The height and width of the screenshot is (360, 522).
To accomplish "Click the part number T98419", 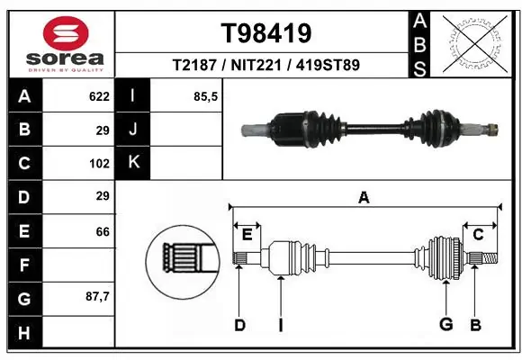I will click(x=266, y=33).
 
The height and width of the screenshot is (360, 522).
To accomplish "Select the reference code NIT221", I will click(x=266, y=66).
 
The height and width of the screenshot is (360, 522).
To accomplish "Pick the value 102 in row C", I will click(x=99, y=164).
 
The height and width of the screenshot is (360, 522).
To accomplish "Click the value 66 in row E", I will click(x=102, y=231).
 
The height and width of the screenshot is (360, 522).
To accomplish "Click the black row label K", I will click(x=133, y=163).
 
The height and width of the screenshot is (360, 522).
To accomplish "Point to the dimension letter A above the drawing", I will click(x=364, y=197).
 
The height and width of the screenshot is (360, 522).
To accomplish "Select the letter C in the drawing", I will click(x=478, y=235).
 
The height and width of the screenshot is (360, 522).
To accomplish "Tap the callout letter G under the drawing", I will click(x=445, y=325).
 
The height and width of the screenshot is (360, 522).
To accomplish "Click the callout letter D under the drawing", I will click(x=239, y=325).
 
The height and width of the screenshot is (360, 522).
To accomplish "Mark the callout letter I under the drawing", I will click(x=280, y=325).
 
